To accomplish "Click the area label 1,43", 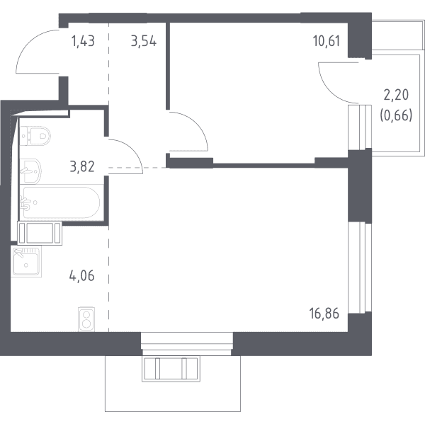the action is pyautogui.click(x=83, y=42).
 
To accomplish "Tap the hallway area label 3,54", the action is pyautogui.click(x=144, y=42).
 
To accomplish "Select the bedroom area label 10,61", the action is pyautogui.click(x=327, y=42).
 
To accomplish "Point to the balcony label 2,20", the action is pyautogui.click(x=396, y=96).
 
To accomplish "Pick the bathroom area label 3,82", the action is pyautogui.click(x=82, y=166).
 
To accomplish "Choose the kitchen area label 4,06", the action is pyautogui.click(x=82, y=276).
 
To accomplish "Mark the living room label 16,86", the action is pyautogui.click(x=324, y=314).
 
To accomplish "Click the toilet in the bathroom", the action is pyautogui.click(x=35, y=135).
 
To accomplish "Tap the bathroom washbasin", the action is pyautogui.click(x=30, y=171).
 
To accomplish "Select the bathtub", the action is pyautogui.click(x=61, y=202).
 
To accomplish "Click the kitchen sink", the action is pyautogui.click(x=26, y=261).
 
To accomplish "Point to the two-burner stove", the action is pyautogui.click(x=86, y=319).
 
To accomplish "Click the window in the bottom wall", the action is pyautogui.click(x=187, y=343).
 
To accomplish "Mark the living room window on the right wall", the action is pyautogui.click(x=359, y=268).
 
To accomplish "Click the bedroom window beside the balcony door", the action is pyautogui.click(x=359, y=127).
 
